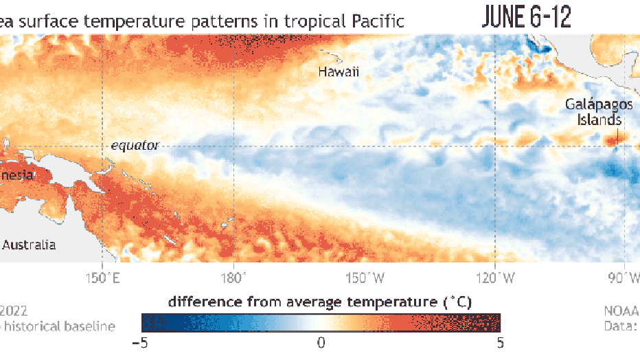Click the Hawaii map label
click(339, 72)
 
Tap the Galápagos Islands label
click(594, 111)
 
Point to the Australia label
click(29, 245)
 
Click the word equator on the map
click(135, 145)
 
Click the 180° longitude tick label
click(233, 278)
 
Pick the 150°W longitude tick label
click(365, 278)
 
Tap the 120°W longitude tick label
click(495, 278)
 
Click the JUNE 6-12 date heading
click(527, 17)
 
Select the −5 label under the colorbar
click(142, 342)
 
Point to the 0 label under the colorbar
click(321, 342)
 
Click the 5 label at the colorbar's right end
click(500, 342)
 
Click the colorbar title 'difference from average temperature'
click(321, 302)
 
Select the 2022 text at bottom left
click(14, 310)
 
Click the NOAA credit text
click(621, 310)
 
